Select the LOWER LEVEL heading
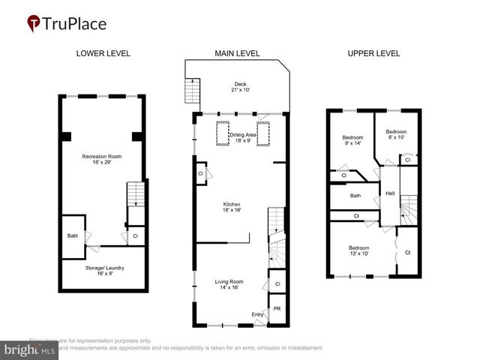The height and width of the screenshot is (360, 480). coord(103,53)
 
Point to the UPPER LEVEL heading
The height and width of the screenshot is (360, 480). coord(373,53)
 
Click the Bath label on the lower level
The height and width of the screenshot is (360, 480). coord(72,235)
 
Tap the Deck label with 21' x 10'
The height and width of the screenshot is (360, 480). coord(239,86)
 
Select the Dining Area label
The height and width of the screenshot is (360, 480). coord(243,137)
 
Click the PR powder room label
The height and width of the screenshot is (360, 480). coord(277,308)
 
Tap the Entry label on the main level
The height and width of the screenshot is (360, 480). coord(257,314)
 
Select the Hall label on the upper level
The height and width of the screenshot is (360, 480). coord(390,193)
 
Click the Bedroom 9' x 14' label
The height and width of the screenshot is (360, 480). coord(352,140)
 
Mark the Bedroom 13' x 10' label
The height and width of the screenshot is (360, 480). coord(358,250)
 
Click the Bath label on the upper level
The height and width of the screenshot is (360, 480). coord(355,196)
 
